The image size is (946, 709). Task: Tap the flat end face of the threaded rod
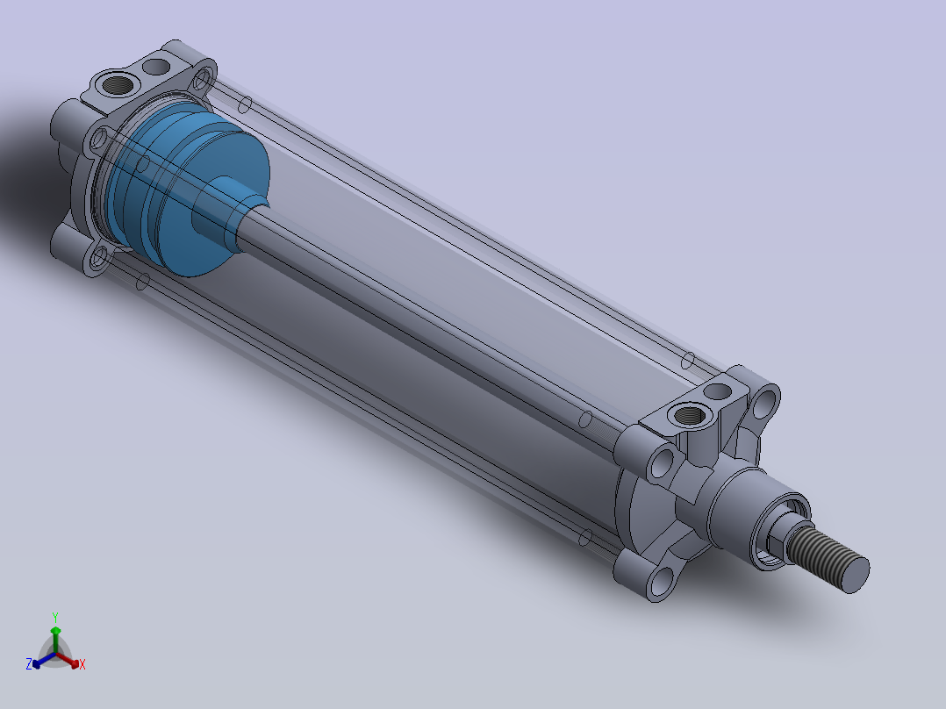pyautogui.click(x=854, y=573)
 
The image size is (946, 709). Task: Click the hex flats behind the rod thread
pyautogui.click(x=777, y=531)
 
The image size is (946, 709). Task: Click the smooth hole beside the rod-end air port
pyautogui.click(x=719, y=390)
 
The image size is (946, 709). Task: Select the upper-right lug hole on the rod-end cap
pyautogui.click(x=765, y=402)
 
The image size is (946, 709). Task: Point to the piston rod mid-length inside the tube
pyautogui.click(x=439, y=329)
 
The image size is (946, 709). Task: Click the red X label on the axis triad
pyautogui.click(x=82, y=665)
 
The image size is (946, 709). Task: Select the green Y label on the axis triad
pyautogui.click(x=54, y=616)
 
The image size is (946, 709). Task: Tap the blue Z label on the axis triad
pyautogui.click(x=29, y=665)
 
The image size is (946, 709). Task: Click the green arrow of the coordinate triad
pyautogui.click(x=55, y=634)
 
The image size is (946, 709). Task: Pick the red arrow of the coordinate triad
pyautogui.click(x=71, y=661)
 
